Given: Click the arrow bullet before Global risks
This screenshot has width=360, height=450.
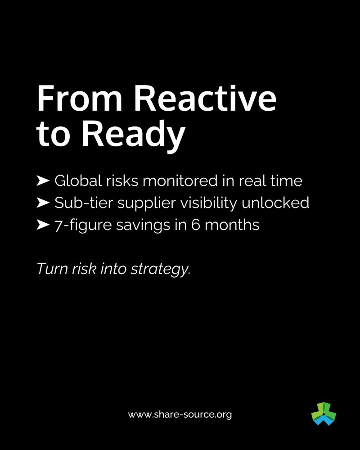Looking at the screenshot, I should (x=43, y=181).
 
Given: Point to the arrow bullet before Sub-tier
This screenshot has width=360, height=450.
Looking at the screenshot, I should (x=43, y=203).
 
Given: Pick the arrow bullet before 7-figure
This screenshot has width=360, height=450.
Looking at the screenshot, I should (x=43, y=225).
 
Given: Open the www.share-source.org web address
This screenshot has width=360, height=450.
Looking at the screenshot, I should (x=180, y=414).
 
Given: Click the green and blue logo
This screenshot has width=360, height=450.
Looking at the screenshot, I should (x=324, y=414).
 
